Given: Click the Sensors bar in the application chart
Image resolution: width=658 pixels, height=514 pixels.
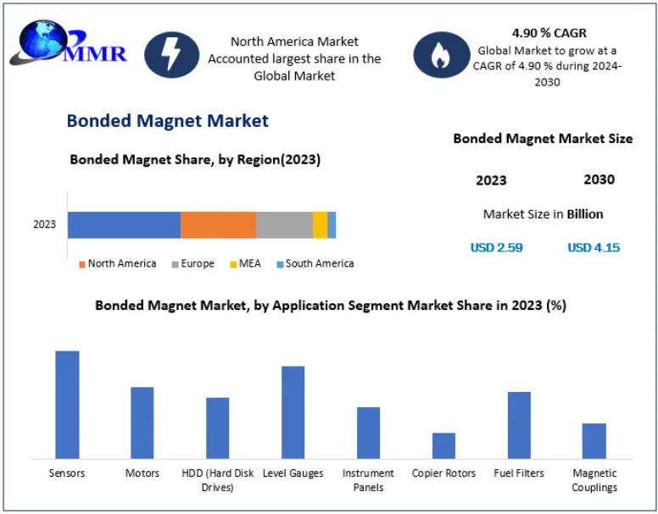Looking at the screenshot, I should coord(67,404).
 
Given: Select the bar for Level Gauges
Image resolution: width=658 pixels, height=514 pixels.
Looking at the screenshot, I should coord(293,412).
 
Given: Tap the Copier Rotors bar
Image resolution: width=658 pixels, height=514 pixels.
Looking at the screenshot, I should coord(443,445).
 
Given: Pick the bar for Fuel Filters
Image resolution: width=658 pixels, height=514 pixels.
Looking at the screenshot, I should coord(519,424).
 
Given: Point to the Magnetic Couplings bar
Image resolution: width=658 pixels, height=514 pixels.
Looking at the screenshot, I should coord(594,440).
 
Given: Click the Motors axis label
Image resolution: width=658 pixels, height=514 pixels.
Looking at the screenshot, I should coord(142,473).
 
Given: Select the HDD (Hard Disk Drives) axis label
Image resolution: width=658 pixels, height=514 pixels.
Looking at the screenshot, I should coord(217,480).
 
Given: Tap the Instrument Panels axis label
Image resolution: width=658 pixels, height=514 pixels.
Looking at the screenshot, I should coord(368,480).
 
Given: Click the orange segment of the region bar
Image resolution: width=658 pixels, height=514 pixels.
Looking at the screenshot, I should coord(218,225).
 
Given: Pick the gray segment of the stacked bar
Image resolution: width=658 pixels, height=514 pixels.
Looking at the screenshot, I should coord(284,225).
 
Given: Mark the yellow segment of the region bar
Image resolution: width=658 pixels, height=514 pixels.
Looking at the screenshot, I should coord(320,225).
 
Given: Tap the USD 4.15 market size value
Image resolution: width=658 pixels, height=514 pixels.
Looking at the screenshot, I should coord(594,247).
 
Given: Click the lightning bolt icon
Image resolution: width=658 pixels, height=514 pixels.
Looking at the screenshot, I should coord(172,55).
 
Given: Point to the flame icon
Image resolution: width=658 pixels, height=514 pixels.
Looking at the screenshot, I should coord(440,55).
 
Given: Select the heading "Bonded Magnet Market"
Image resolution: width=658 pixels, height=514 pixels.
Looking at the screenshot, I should coord(168,121).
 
